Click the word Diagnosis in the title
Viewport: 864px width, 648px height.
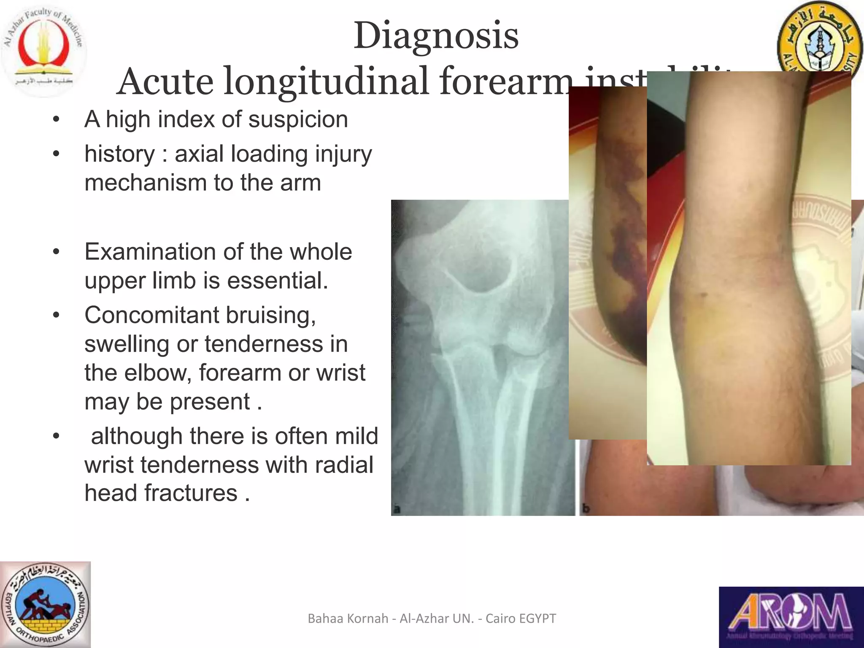[436, 36]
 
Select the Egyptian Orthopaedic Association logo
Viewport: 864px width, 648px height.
[46, 605]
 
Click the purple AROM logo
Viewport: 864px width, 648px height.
[791, 617]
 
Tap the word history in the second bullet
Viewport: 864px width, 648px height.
[120, 154]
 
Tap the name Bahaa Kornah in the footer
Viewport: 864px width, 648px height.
[348, 618]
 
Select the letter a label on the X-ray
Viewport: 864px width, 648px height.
[396, 510]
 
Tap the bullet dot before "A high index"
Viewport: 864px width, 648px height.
[57, 120]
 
